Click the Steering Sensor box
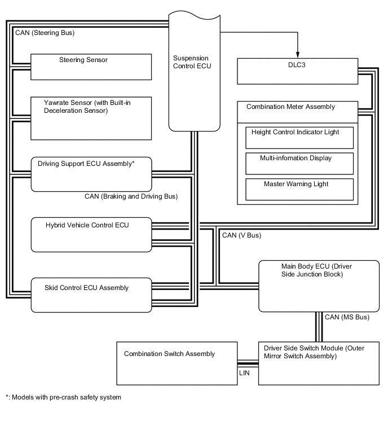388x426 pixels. click(91, 67)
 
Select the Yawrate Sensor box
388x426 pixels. click(91, 118)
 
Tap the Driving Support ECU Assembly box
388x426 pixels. click(91, 174)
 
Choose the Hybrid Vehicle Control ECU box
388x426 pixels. click(91, 234)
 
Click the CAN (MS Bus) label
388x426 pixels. click(347, 318)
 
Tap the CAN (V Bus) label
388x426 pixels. click(241, 235)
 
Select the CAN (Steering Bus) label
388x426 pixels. click(43, 33)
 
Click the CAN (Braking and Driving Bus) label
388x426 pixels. click(131, 196)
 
